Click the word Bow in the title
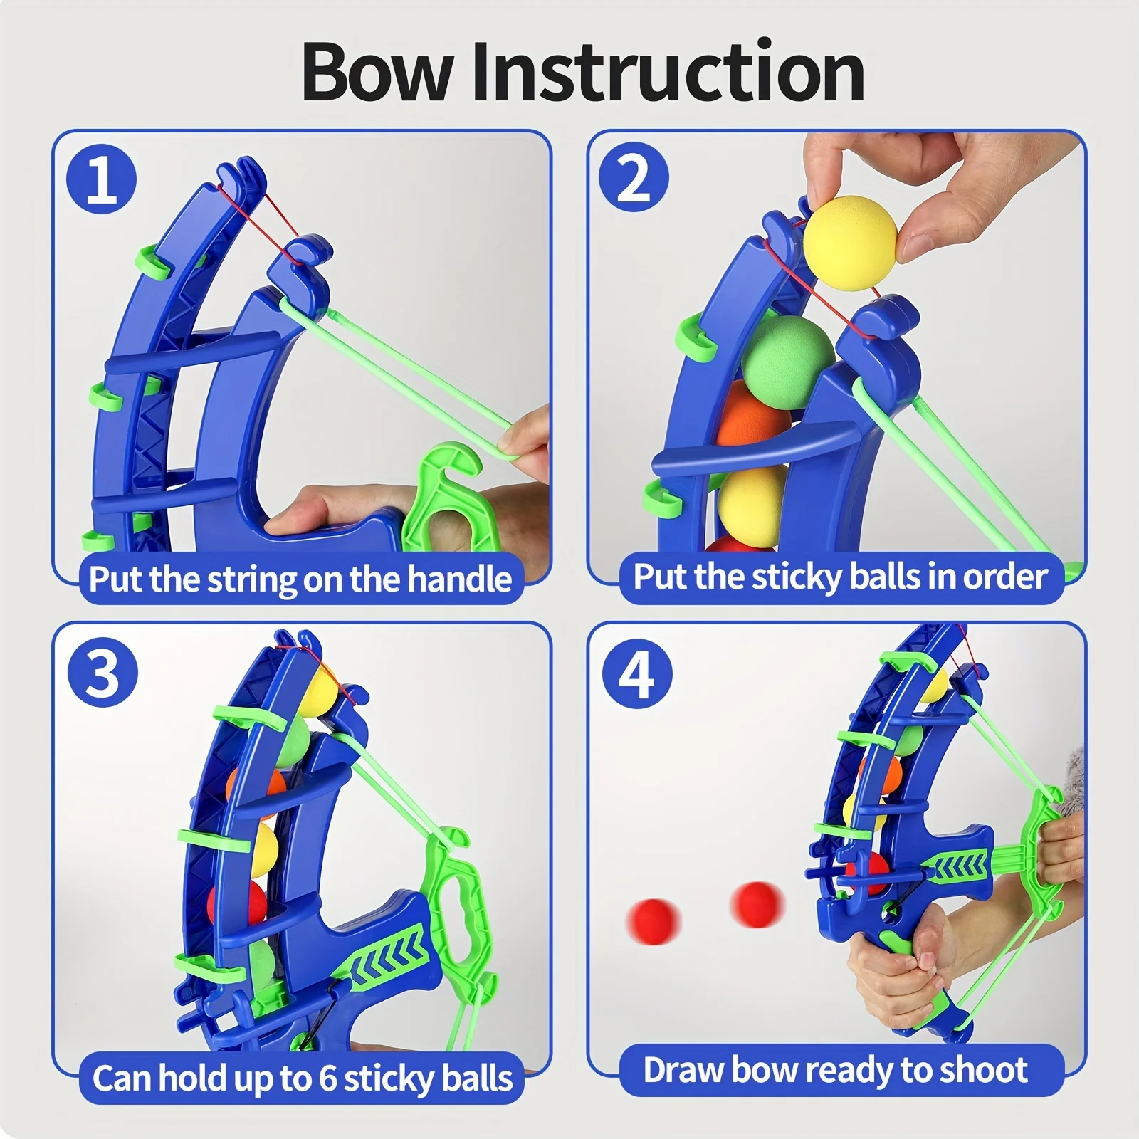tap(377, 73)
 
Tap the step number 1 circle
tap(102, 179)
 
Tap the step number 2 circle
tap(633, 177)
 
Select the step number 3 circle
tap(103, 672)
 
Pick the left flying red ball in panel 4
tap(654, 921)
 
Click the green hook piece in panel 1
tap(445, 498)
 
